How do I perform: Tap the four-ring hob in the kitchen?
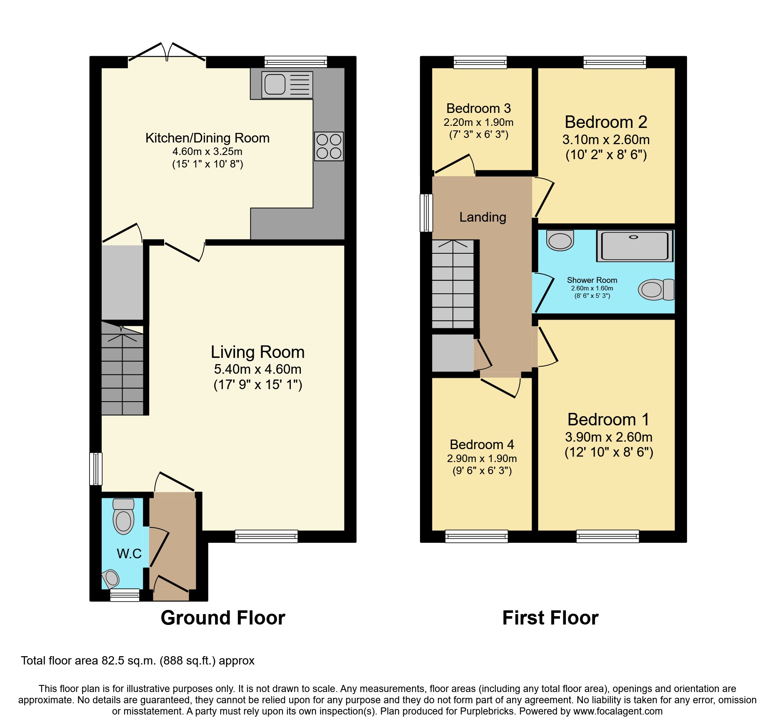(329, 146)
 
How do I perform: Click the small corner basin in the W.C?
(111, 577)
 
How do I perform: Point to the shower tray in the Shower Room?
(635, 246)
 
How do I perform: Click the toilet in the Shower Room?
(656, 290)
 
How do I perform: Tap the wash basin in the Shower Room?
(560, 240)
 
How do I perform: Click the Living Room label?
(257, 352)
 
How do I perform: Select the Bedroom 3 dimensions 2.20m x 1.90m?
(478, 122)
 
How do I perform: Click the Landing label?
(482, 217)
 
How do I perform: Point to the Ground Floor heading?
(223, 618)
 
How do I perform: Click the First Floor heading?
(550, 618)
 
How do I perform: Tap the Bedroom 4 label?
(482, 445)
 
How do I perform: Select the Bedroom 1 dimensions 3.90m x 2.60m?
(608, 437)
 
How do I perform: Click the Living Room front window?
(266, 536)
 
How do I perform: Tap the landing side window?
(426, 212)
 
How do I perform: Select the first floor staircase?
(452, 285)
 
